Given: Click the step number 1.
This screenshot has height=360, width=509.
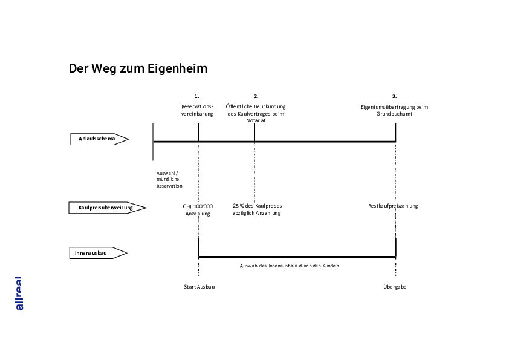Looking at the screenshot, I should click(x=196, y=96).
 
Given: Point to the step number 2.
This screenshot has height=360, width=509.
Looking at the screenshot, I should click(x=256, y=96).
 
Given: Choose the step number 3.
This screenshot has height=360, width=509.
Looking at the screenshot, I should click(x=394, y=96).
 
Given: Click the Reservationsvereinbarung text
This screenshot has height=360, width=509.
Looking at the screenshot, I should click(x=197, y=110).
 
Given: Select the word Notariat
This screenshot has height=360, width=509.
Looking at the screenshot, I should click(x=256, y=120).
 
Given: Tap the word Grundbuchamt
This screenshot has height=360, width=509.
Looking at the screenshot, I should click(x=394, y=114).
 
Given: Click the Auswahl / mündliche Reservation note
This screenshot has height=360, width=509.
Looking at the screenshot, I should click(x=169, y=180).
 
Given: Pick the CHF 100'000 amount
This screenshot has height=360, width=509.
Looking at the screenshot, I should click(x=198, y=206).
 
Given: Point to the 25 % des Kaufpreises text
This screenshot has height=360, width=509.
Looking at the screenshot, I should click(x=257, y=206).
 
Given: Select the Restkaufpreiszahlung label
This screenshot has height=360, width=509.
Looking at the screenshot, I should click(x=393, y=206).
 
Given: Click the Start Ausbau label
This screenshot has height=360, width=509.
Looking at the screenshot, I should click(x=199, y=287).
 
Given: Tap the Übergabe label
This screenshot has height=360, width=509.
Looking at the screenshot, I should click(x=394, y=287).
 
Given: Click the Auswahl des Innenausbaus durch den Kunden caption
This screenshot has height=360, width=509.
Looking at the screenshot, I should click(x=289, y=266).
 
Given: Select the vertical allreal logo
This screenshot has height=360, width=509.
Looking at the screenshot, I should click(x=19, y=293).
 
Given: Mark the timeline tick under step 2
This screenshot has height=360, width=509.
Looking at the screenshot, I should click(x=254, y=133).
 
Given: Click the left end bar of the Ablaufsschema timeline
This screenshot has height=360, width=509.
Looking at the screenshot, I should click(x=153, y=141).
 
